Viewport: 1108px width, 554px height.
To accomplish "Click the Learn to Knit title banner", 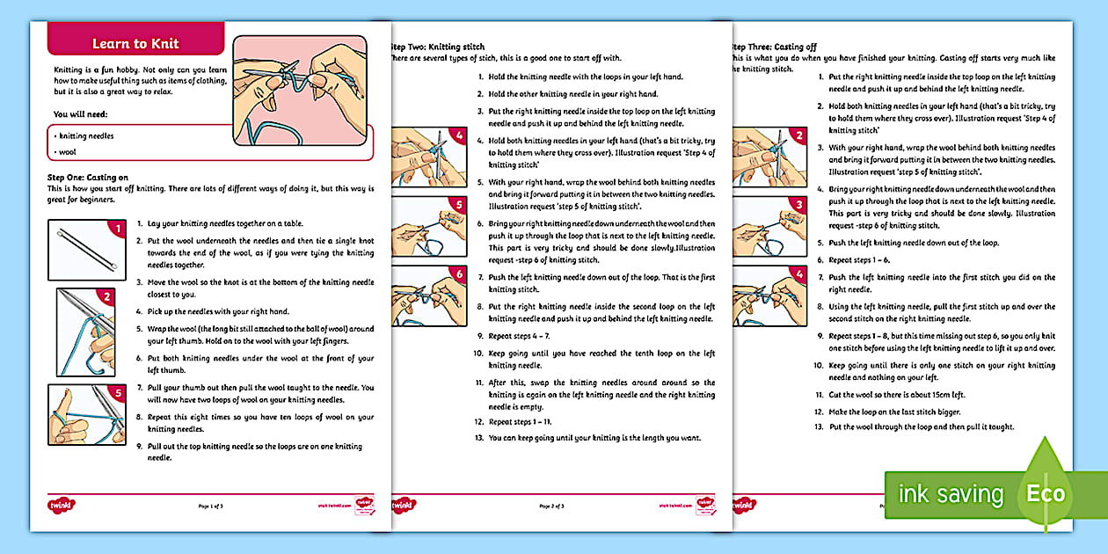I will click(x=135, y=44).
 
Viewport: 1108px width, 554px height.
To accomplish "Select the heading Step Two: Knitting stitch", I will click(x=437, y=47).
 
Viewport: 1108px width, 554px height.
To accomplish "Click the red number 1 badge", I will click(x=119, y=230).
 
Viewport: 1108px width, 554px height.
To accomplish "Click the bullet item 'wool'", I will click(x=68, y=152).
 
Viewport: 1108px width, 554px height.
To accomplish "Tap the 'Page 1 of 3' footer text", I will click(x=211, y=507).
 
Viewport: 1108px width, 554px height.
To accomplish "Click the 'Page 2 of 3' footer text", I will click(x=550, y=507).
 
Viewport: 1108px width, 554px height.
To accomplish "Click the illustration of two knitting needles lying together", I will click(x=81, y=250).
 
